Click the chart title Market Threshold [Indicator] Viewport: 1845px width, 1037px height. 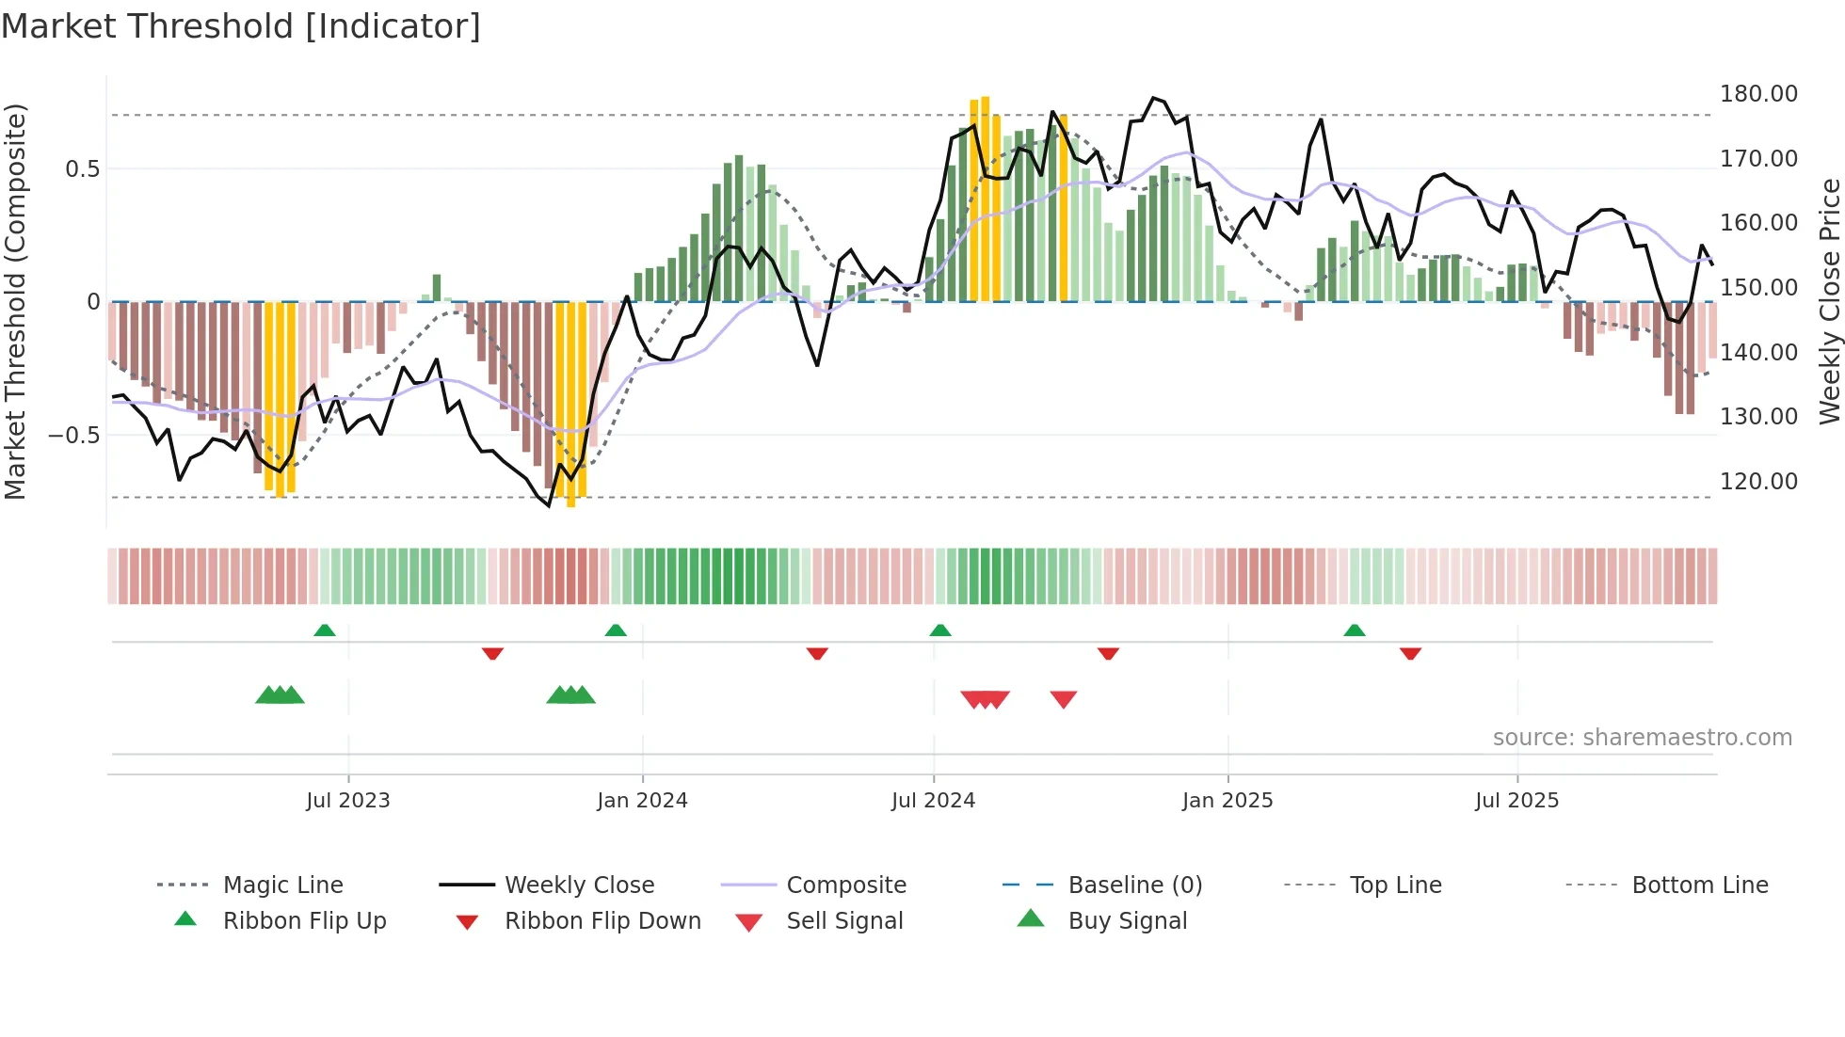[241, 26]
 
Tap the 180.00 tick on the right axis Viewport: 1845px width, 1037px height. [1758, 94]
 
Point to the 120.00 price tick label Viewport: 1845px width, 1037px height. [1758, 482]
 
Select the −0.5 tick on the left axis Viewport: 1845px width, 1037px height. [73, 436]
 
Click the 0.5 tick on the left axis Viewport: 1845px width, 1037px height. [82, 169]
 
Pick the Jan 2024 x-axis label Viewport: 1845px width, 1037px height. [642, 801]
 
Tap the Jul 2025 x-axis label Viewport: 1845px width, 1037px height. [1516, 801]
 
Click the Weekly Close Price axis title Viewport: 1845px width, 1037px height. [1829, 301]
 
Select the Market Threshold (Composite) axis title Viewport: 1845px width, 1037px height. [15, 301]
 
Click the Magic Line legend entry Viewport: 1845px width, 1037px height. [282, 885]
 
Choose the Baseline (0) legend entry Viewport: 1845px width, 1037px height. [1134, 885]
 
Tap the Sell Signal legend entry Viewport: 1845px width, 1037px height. [843, 921]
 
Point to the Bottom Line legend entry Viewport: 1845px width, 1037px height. [1699, 885]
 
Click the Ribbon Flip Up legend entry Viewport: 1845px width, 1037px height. [304, 921]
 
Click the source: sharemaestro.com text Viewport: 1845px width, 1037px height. [1642, 738]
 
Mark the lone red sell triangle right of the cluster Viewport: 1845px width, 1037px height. [1064, 699]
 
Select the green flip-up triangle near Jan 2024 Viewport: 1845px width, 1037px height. [616, 630]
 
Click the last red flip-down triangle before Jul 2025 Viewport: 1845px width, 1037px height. [1410, 653]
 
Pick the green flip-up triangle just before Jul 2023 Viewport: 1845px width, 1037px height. [325, 630]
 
